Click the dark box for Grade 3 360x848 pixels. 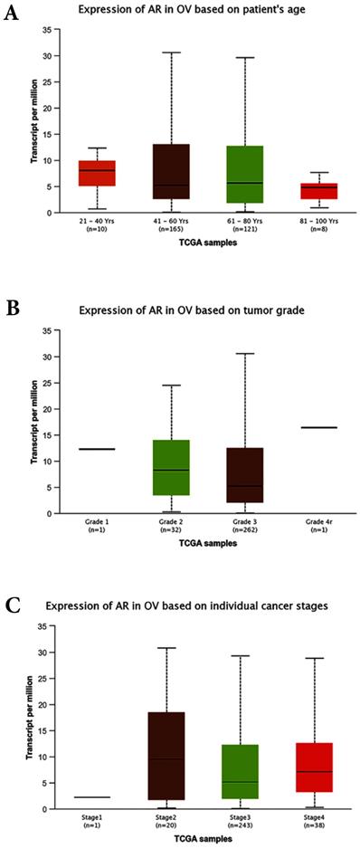[x=245, y=475]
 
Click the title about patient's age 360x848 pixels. [x=193, y=11]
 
